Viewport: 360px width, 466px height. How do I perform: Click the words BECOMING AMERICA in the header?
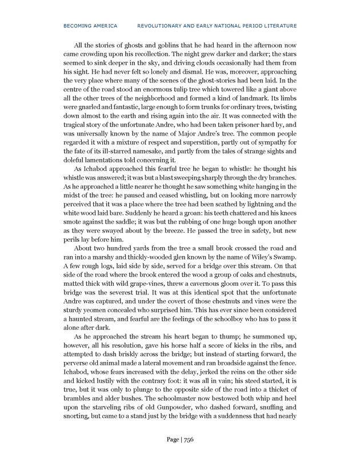pyautogui.click(x=91, y=26)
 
